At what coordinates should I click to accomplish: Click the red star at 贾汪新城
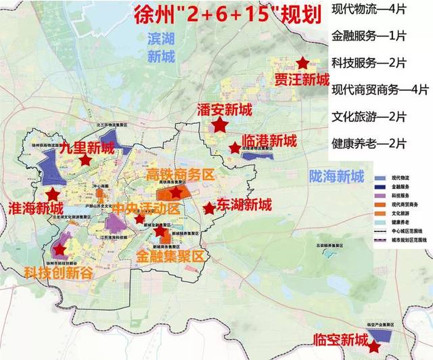(x=302, y=63)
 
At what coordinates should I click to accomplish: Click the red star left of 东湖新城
(x=209, y=208)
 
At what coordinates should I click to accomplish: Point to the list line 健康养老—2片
(x=368, y=143)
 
